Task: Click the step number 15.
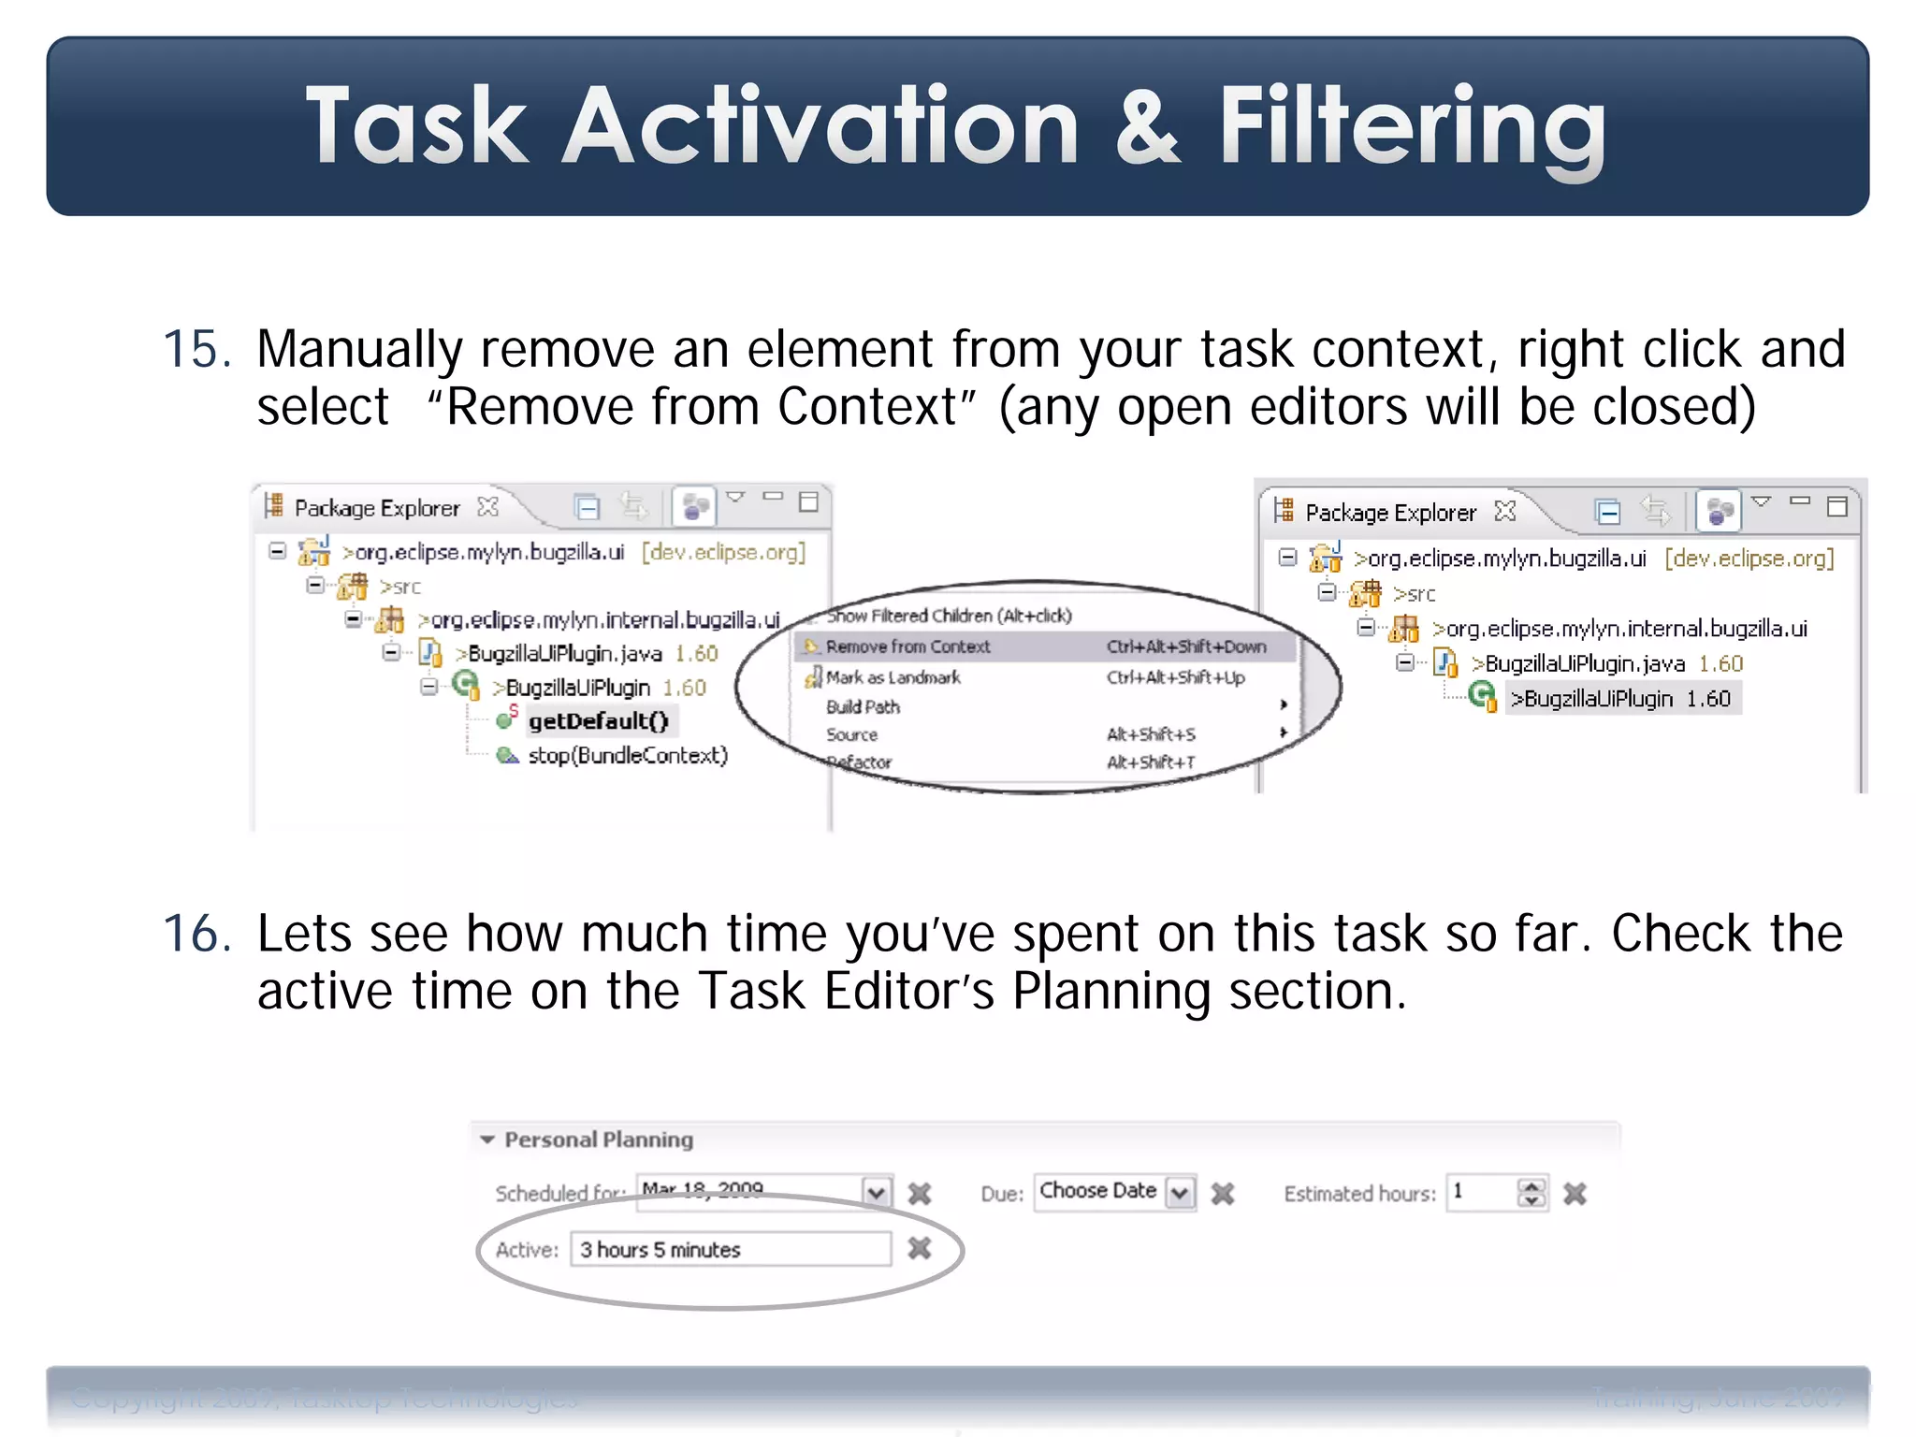196,350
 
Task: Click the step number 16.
196,934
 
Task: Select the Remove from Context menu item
907,646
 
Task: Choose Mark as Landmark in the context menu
893,677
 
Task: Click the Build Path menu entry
863,706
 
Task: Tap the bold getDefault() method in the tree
599,721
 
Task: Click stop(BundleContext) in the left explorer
628,755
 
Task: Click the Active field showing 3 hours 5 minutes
730,1250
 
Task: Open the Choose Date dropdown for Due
1181,1193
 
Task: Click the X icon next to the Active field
920,1248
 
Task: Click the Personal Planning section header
599,1139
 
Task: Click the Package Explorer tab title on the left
377,508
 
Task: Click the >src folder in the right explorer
1414,594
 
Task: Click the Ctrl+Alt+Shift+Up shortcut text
1176,677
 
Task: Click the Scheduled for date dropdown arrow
877,1193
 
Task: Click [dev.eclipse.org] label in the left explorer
723,552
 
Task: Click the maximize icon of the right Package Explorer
1837,506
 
